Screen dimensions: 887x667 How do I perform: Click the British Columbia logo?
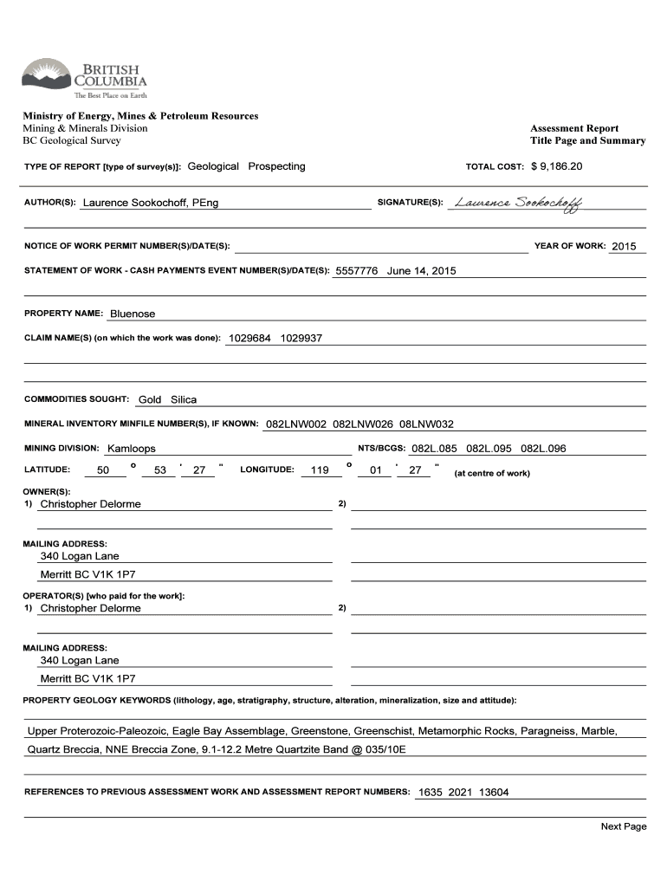[84, 79]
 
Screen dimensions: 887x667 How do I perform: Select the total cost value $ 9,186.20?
[557, 165]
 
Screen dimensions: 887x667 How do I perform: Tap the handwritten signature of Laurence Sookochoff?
[518, 203]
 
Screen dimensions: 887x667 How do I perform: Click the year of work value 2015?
[624, 246]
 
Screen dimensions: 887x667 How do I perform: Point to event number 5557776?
[357, 270]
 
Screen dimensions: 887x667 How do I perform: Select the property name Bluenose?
[133, 314]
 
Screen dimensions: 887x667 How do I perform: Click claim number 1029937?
[301, 338]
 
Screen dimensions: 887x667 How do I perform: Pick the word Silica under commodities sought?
[184, 399]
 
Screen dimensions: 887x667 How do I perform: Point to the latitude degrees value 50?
[103, 470]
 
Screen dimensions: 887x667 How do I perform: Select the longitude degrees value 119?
[320, 470]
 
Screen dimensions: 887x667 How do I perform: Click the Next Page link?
[624, 826]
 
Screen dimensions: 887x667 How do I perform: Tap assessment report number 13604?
[494, 792]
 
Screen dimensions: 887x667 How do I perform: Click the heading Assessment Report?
[574, 128]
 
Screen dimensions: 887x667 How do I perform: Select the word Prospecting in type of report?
[276, 165]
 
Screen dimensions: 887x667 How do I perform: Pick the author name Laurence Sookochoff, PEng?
[151, 203]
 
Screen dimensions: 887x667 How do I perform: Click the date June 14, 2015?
[421, 270]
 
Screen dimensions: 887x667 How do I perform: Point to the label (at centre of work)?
[492, 473]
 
